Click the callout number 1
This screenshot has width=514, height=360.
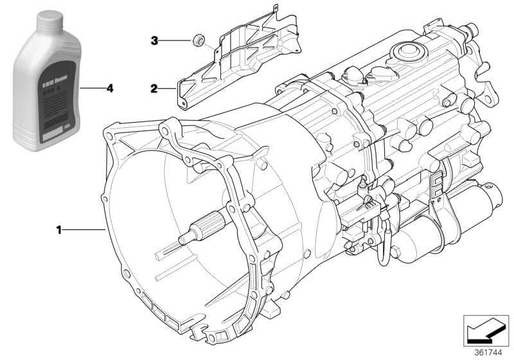[x=58, y=230]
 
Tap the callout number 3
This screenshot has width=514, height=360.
[x=154, y=41]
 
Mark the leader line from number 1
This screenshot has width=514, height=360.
[x=84, y=230]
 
